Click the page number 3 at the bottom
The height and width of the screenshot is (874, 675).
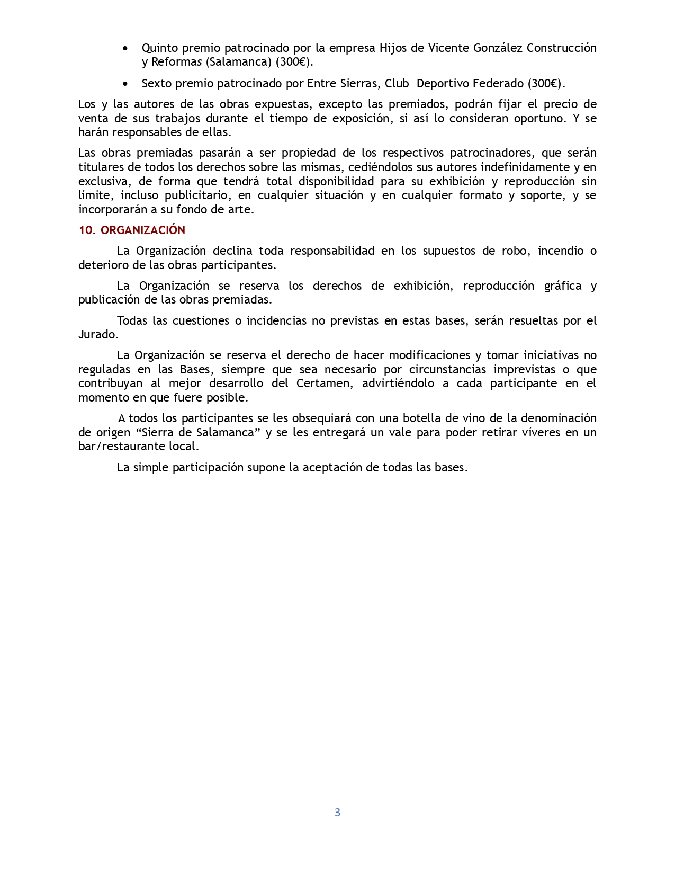tap(337, 813)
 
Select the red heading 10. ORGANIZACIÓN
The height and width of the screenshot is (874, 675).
tap(132, 230)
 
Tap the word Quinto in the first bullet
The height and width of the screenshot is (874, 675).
tap(160, 48)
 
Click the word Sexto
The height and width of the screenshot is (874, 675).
tap(157, 84)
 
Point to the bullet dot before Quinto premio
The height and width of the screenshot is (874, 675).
tap(125, 48)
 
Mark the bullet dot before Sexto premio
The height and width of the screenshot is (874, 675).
tap(125, 84)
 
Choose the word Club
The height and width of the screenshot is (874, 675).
tap(397, 84)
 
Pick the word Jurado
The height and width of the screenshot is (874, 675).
tap(97, 335)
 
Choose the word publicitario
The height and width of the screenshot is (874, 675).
tap(196, 195)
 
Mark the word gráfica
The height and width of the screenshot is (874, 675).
tap(563, 286)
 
